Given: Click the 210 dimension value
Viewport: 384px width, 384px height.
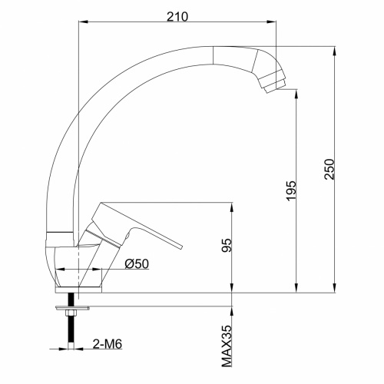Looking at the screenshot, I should pyautogui.click(x=178, y=15).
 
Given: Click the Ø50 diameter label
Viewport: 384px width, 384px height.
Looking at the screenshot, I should pyautogui.click(x=136, y=263).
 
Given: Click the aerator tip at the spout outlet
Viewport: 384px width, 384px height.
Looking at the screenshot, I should pyautogui.click(x=273, y=84).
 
